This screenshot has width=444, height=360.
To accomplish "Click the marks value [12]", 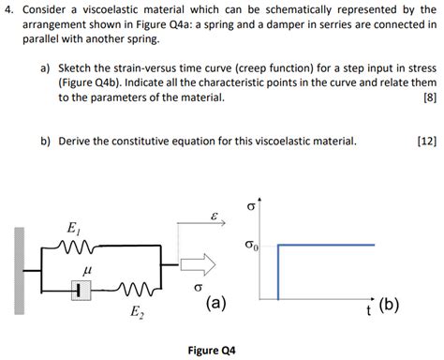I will tap(426, 142).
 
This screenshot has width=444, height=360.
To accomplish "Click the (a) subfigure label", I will tap(215, 304).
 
